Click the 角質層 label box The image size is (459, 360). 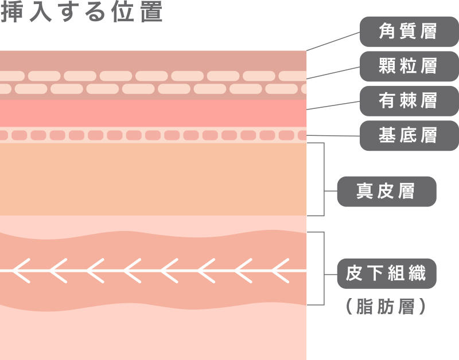[x=409, y=32]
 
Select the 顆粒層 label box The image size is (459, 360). [x=409, y=66]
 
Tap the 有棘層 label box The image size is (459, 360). [x=409, y=101]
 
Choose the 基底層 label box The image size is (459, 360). [x=409, y=135]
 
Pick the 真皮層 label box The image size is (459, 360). [x=386, y=191]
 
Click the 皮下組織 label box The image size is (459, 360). [x=386, y=273]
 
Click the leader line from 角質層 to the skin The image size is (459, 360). [x=333, y=41]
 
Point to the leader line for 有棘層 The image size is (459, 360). [x=333, y=105]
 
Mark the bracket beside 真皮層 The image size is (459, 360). [x=325, y=179]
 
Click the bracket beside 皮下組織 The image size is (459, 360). [x=325, y=268]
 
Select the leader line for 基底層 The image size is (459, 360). [x=333, y=136]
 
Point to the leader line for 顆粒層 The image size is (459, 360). [x=333, y=73]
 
